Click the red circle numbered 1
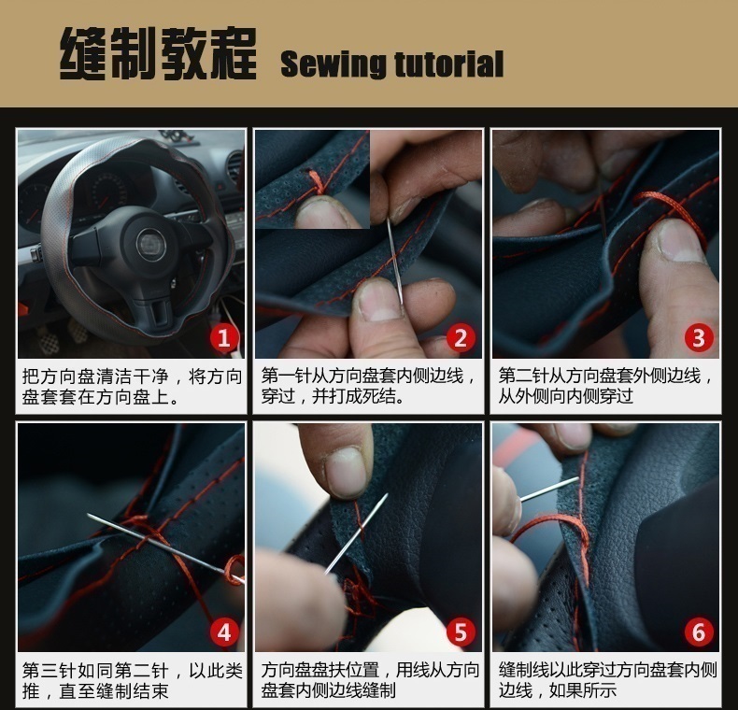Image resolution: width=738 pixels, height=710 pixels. pyautogui.click(x=223, y=338)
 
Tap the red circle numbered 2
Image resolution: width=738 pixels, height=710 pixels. pyautogui.click(x=460, y=338)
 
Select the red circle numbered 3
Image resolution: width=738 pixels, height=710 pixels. pyautogui.click(x=699, y=337)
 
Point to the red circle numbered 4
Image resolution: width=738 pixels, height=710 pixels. pyautogui.click(x=224, y=632)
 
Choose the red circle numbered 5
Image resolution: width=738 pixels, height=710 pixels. pyautogui.click(x=461, y=632)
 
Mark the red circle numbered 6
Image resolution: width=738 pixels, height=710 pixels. pyautogui.click(x=699, y=632)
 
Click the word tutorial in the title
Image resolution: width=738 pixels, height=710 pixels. pyautogui.click(x=449, y=64)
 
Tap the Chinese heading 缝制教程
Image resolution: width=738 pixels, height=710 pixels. pyautogui.click(x=158, y=53)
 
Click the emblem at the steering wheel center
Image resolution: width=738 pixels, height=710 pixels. pyautogui.click(x=151, y=245)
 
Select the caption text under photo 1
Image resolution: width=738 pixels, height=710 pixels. pyautogui.click(x=132, y=387)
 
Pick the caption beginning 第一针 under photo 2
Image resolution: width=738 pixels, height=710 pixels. pyautogui.click(x=368, y=386)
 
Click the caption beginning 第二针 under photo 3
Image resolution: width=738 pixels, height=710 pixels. pyautogui.click(x=606, y=386)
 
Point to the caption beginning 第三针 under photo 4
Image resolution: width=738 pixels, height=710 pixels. pyautogui.click(x=132, y=681)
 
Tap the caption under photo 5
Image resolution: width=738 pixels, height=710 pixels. pyautogui.click(x=370, y=680)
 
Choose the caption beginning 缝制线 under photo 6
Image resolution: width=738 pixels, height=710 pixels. pyautogui.click(x=607, y=680)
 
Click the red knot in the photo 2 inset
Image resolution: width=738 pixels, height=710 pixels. pyautogui.click(x=318, y=183)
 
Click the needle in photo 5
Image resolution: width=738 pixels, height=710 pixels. pyautogui.click(x=356, y=534)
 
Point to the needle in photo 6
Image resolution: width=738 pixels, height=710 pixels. pyautogui.click(x=549, y=490)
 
